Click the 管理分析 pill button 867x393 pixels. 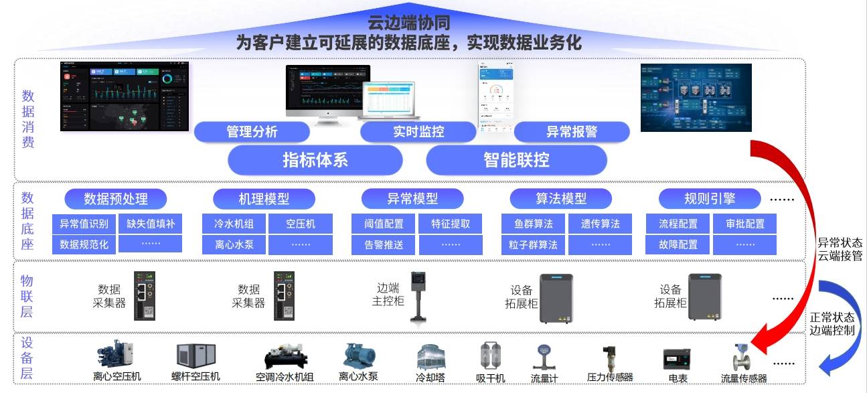[x=252, y=132]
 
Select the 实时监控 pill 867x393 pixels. [x=418, y=132]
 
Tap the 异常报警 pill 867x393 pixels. [x=572, y=132]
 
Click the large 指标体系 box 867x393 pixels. [x=315, y=161]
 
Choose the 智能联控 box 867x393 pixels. [x=516, y=161]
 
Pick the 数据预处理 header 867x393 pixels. [x=116, y=199]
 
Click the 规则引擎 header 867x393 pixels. [x=710, y=199]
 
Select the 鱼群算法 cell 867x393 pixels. [x=533, y=224]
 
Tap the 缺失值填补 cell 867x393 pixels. [x=151, y=224]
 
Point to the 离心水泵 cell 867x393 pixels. [x=234, y=244]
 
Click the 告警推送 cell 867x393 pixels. [x=384, y=244]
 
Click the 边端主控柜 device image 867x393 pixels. [x=419, y=297]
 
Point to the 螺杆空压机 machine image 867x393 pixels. [x=195, y=358]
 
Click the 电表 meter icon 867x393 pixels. [x=677, y=360]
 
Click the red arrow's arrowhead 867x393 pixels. [x=759, y=343]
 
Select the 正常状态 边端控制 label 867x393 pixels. [x=832, y=323]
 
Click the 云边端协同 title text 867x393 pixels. [x=409, y=23]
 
